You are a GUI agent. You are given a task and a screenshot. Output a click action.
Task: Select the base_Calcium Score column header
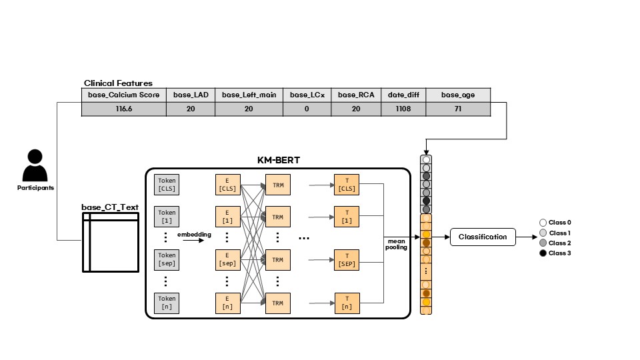pyautogui.click(x=123, y=95)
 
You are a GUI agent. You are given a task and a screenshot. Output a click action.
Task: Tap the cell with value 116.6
pyautogui.click(x=123, y=109)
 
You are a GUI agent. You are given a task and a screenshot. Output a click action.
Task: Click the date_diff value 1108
pyautogui.click(x=403, y=109)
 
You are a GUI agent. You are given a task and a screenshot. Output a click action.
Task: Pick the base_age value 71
pyautogui.click(x=458, y=109)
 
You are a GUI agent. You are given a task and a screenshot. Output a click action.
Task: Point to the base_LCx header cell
pyautogui.click(x=307, y=95)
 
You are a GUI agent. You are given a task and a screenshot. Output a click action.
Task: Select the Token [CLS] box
pyautogui.click(x=167, y=183)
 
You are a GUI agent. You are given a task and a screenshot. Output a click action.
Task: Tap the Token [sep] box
pyautogui.click(x=167, y=259)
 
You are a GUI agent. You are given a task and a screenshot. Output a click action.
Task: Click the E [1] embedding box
pyautogui.click(x=227, y=216)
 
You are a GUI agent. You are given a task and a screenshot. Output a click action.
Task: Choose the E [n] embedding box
pyautogui.click(x=227, y=302)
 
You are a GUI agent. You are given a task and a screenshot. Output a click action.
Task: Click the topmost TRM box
pyautogui.click(x=278, y=183)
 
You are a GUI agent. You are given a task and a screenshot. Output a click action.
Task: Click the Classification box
pyautogui.click(x=482, y=237)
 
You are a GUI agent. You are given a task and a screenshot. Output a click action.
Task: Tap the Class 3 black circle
pyautogui.click(x=543, y=253)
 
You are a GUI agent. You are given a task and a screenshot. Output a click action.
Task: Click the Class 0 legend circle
pyautogui.click(x=543, y=223)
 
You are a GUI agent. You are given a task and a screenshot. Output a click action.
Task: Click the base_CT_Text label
pyautogui.click(x=110, y=207)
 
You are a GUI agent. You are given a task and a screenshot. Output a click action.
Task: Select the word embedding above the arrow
pyautogui.click(x=194, y=234)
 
